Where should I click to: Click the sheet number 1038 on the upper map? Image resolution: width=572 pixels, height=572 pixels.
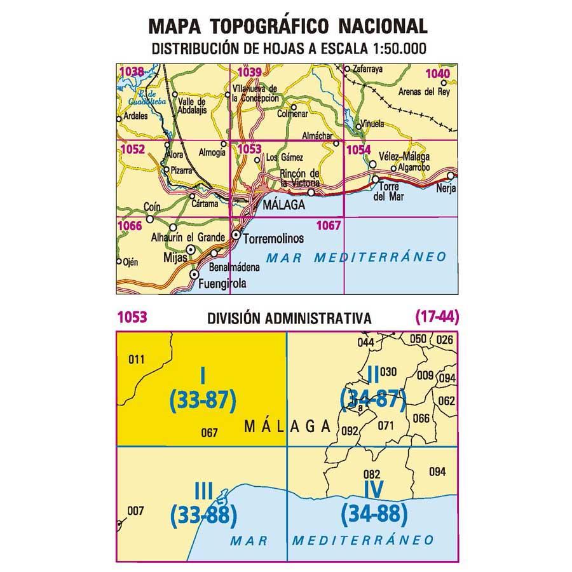(x=131, y=72)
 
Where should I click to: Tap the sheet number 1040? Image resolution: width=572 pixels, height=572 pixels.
(x=438, y=74)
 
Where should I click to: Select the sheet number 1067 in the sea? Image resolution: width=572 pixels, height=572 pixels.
(x=329, y=224)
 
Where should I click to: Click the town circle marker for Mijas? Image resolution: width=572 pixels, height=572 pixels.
(x=190, y=250)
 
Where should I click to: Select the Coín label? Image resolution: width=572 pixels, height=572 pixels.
(x=152, y=207)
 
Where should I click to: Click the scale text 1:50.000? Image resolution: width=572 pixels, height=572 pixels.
(x=392, y=48)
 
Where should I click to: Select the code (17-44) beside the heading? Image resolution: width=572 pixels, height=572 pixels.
(x=437, y=316)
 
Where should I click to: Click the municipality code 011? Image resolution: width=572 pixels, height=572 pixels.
(x=137, y=360)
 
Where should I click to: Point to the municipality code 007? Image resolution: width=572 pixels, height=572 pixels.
(x=135, y=510)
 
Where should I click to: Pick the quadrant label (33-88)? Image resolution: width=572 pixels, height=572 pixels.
(x=203, y=512)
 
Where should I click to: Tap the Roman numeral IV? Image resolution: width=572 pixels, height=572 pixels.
(x=373, y=489)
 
